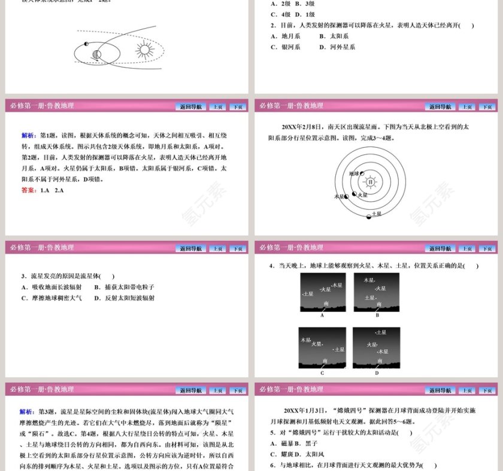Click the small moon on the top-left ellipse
point(86,44)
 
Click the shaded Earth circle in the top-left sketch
point(96,55)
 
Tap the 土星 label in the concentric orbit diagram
point(377,213)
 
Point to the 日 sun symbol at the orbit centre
point(371,181)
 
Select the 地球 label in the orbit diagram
point(353,173)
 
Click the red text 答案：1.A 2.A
point(42,190)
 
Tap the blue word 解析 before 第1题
point(28,135)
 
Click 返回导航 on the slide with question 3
point(191,248)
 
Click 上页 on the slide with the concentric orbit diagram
point(467,107)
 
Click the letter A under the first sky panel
point(322,315)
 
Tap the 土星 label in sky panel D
point(380,332)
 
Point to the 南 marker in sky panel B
point(377,304)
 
